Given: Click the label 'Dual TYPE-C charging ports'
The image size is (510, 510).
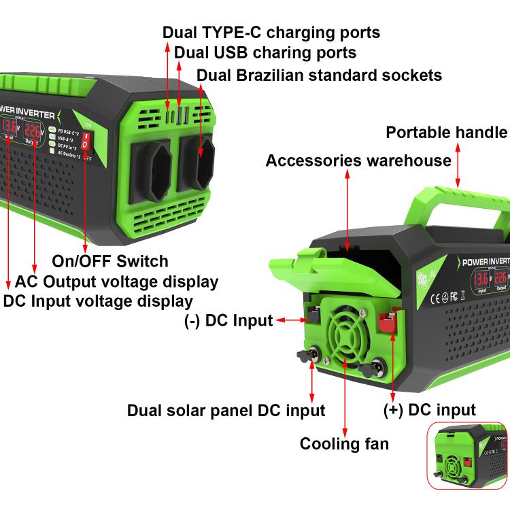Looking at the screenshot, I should click(271, 32).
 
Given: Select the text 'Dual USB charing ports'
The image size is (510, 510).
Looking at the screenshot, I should click(265, 52).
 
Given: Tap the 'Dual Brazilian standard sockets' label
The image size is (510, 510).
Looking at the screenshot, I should click(319, 74).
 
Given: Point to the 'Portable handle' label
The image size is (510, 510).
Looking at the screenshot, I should click(446, 132).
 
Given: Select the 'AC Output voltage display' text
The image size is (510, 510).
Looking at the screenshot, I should click(116, 282).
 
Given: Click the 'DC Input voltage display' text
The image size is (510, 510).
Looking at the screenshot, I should click(98, 301).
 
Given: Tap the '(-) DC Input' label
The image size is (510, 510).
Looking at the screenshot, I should click(228, 320).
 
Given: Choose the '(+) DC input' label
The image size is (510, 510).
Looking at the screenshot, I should click(429, 409).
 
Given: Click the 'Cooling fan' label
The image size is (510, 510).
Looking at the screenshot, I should click(345, 444).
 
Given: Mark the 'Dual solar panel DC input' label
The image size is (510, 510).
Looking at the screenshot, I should click(226, 411).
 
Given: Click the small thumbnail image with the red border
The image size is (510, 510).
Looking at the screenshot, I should click(468, 455).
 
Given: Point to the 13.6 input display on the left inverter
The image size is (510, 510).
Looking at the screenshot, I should click(10, 126).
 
